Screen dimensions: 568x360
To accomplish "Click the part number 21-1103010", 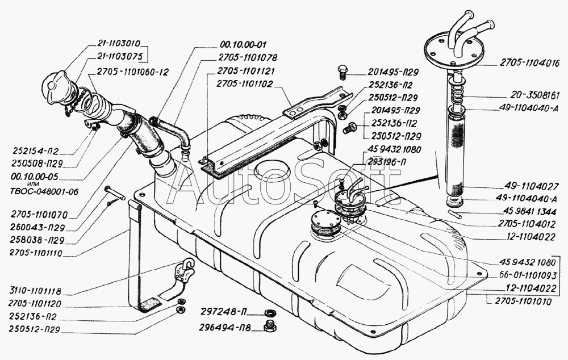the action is [x=119, y=43].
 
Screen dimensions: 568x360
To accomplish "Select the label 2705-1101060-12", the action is [x=132, y=72].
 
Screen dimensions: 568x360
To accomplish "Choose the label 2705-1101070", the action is [x=39, y=216].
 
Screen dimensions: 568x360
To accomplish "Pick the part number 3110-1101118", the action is [x=35, y=291].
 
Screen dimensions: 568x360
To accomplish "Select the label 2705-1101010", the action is [x=523, y=302].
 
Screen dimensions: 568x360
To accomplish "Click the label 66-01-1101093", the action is [x=528, y=276].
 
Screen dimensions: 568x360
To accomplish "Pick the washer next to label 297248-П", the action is [x=269, y=312].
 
